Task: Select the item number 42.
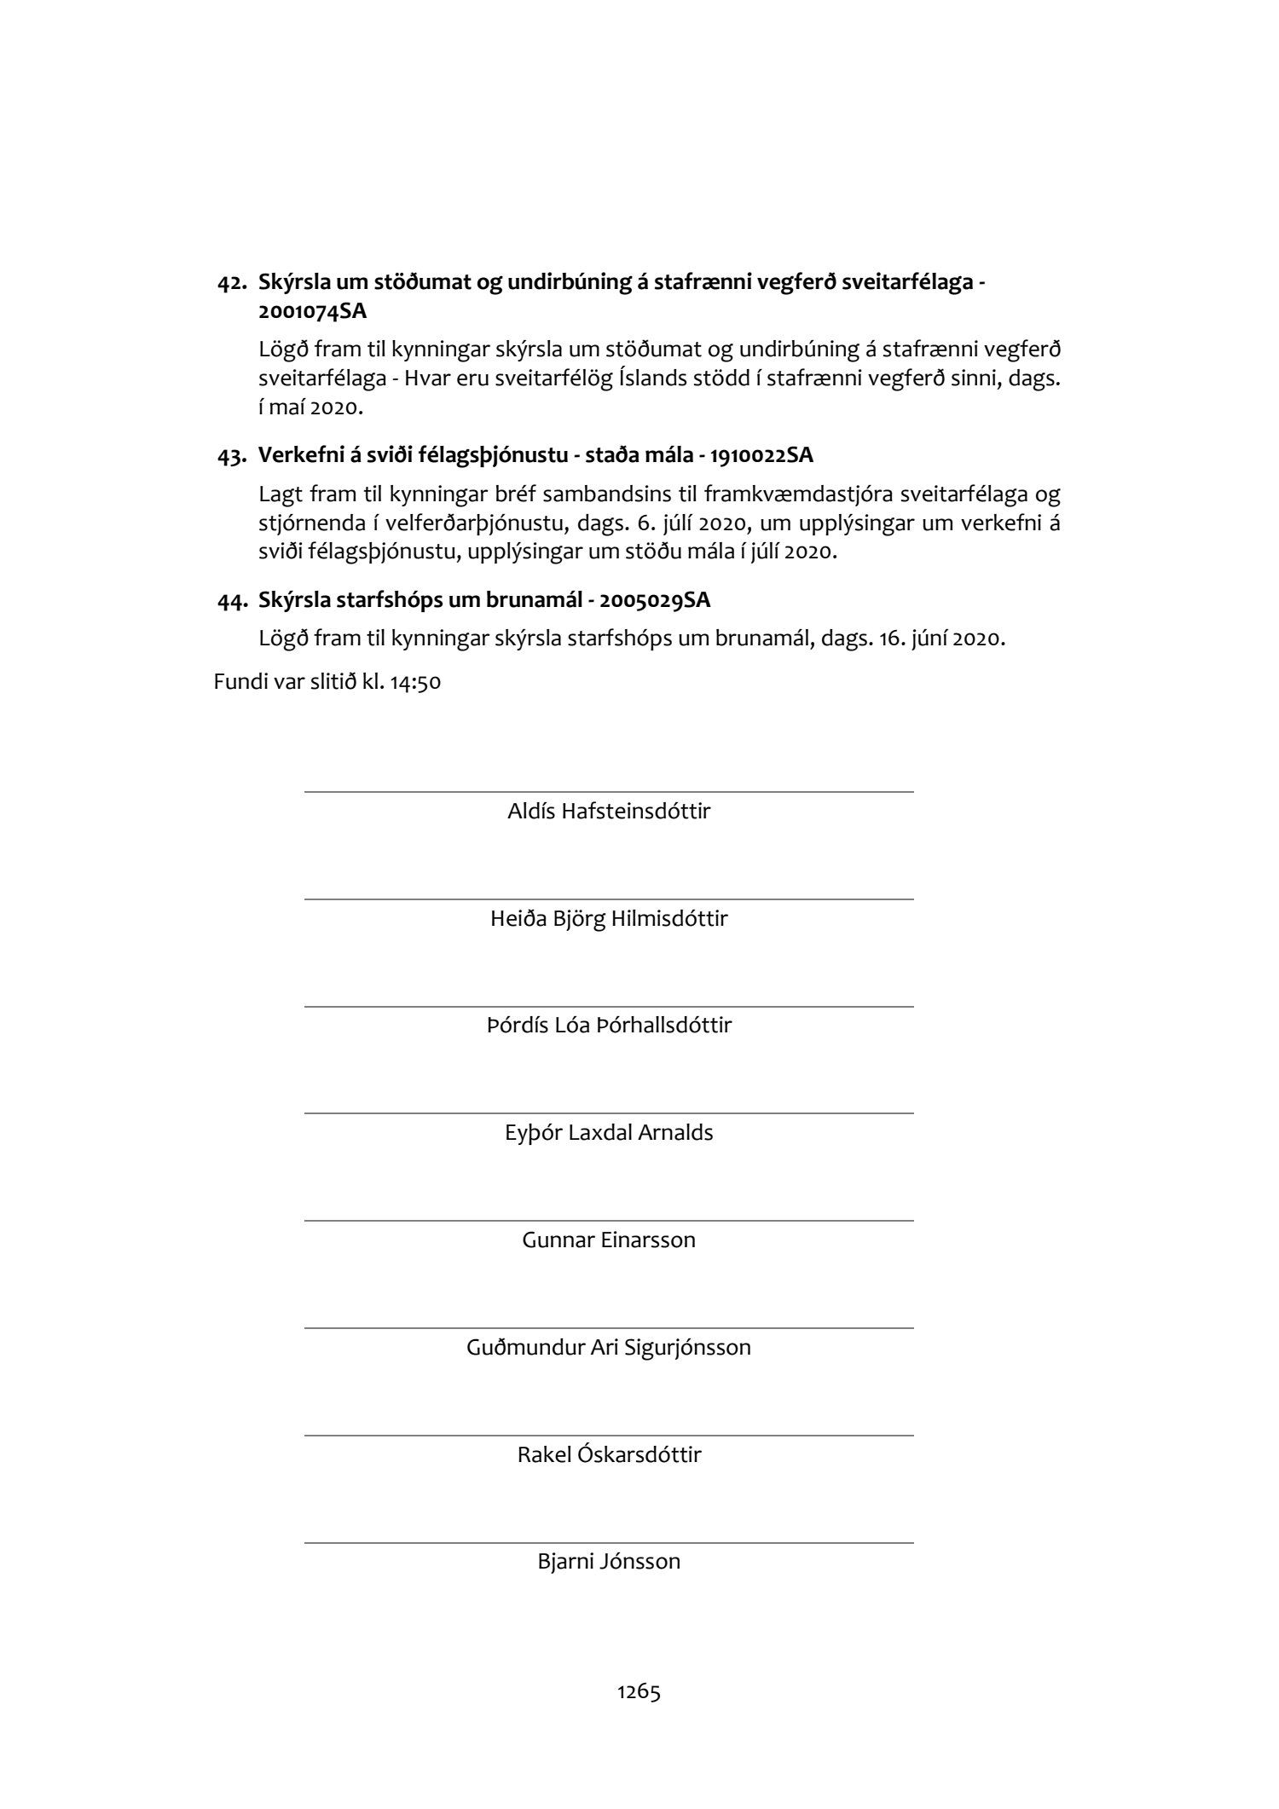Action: click(x=232, y=283)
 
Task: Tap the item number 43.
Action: click(x=232, y=456)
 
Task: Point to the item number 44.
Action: click(x=232, y=601)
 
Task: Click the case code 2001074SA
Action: click(x=312, y=311)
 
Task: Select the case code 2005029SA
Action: click(x=655, y=600)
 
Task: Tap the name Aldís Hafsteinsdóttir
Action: click(x=609, y=811)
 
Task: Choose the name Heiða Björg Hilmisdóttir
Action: click(x=609, y=918)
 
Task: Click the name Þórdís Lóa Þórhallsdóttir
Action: click(x=609, y=1025)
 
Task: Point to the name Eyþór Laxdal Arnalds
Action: click(x=609, y=1132)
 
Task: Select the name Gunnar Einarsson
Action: click(x=609, y=1240)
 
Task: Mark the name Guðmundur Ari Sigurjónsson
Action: click(x=609, y=1347)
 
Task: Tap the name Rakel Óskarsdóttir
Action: click(x=609, y=1454)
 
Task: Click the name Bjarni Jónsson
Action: click(x=609, y=1562)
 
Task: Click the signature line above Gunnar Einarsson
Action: click(x=609, y=1221)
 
